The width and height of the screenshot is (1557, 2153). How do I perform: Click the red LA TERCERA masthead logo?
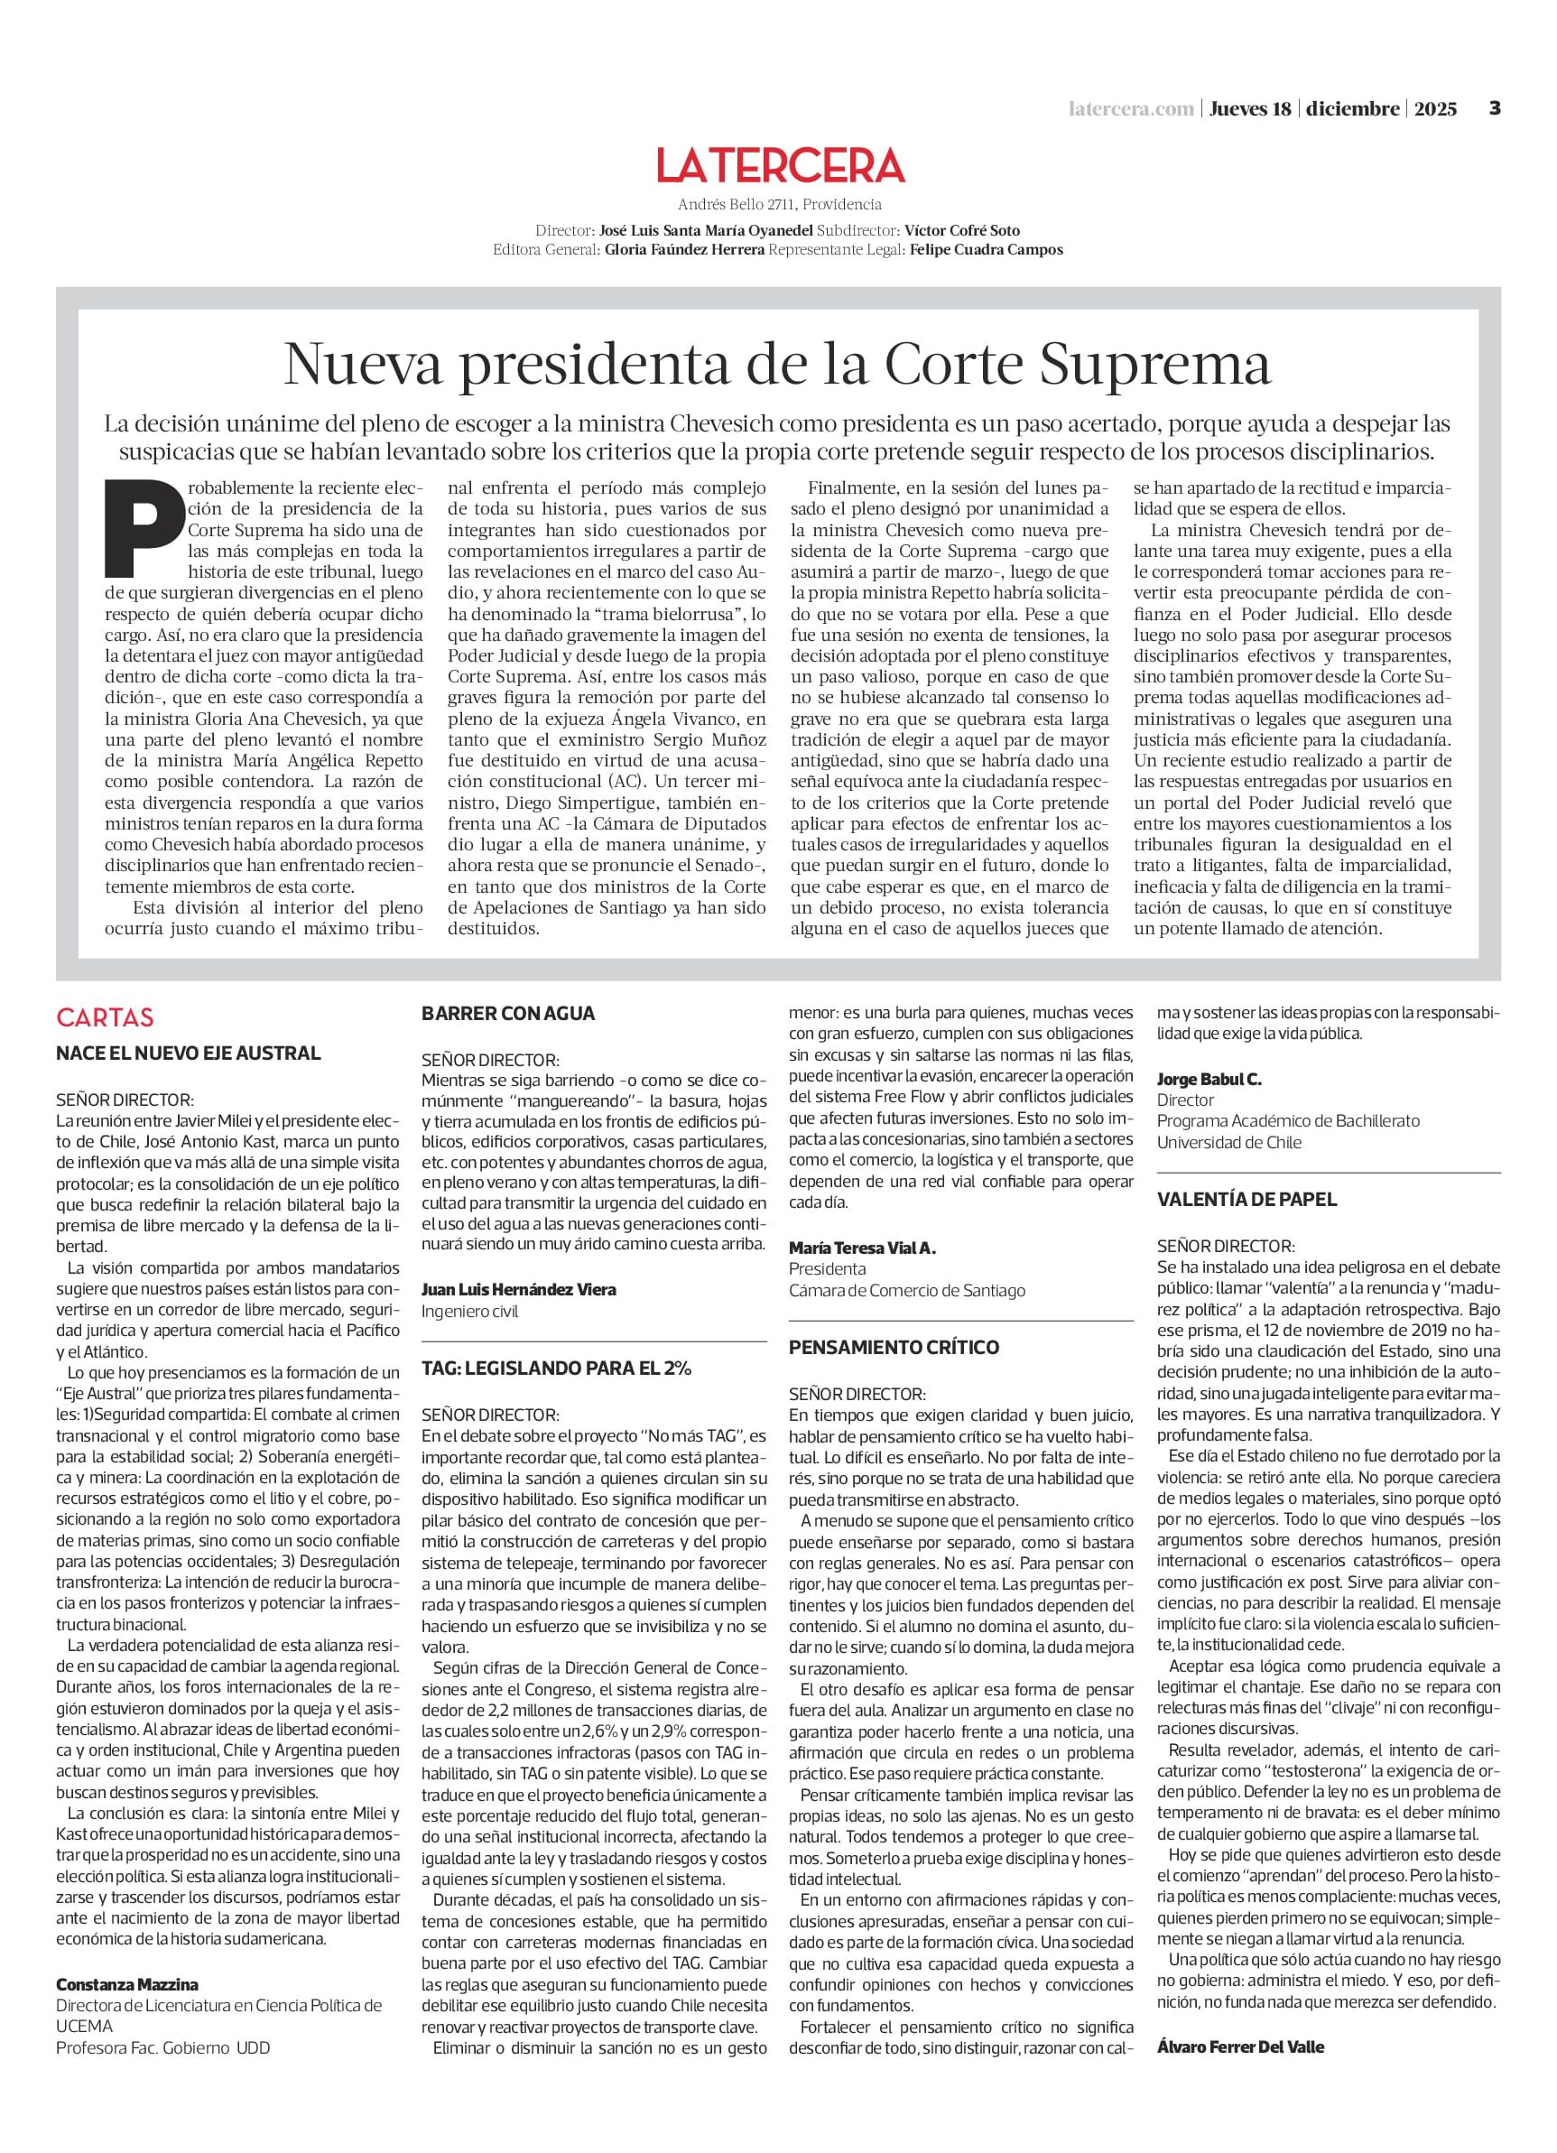tap(781, 165)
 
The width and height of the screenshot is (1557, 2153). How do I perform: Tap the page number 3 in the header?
tap(1495, 108)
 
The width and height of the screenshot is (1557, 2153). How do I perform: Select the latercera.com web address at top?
tap(1131, 109)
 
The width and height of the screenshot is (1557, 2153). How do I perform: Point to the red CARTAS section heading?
tap(105, 1016)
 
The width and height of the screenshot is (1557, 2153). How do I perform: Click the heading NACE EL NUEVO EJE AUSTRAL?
tap(188, 1053)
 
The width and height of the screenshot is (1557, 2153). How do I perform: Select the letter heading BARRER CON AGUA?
tap(508, 1014)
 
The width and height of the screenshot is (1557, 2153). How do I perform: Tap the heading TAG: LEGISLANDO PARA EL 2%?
tap(556, 1368)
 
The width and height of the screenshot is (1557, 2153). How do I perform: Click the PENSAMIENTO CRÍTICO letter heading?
tap(894, 1347)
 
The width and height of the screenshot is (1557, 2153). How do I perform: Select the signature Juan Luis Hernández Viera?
tap(518, 1289)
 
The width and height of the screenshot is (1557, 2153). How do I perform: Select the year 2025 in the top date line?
tap(1434, 109)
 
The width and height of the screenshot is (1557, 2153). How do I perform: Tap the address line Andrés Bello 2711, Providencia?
tap(780, 204)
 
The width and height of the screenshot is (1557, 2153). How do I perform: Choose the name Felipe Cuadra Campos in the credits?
tap(986, 250)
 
